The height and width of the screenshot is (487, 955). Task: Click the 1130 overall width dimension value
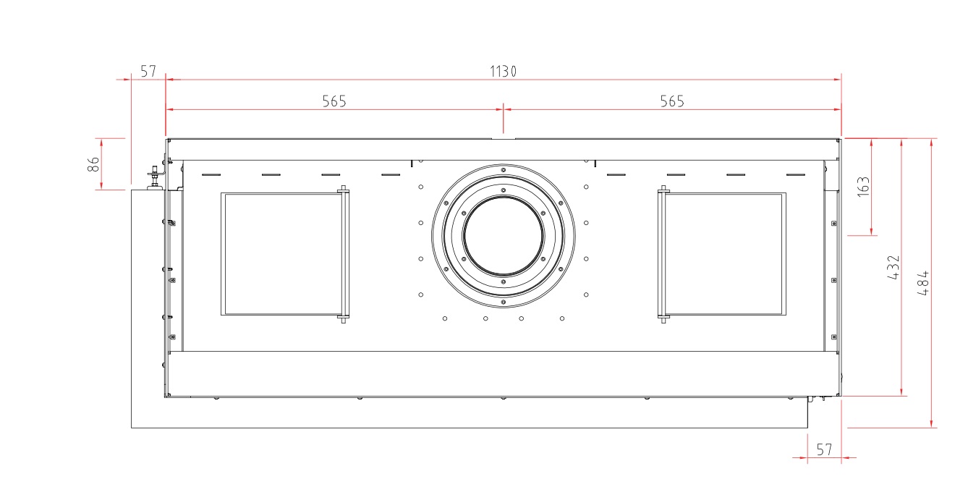[503, 71]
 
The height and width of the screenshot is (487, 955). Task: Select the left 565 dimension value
[334, 101]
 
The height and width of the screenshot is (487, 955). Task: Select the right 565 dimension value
[672, 101]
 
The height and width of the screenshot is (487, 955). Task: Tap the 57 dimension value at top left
[148, 71]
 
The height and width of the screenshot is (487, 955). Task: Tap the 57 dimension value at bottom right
[824, 449]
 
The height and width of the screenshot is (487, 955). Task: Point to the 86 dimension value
[93, 164]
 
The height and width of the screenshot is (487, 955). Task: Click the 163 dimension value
[863, 187]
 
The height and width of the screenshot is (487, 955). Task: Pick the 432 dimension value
[894, 268]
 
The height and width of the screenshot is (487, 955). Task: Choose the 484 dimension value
[923, 283]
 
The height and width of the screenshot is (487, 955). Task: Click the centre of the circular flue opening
[503, 236]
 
